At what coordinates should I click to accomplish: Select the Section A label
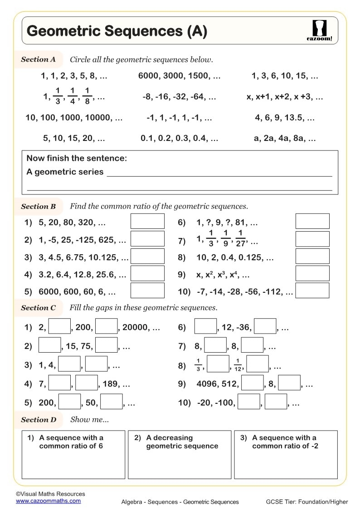[x=38, y=59]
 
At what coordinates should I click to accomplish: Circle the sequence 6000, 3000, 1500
[x=179, y=76]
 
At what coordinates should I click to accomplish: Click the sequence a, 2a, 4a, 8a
[x=285, y=139]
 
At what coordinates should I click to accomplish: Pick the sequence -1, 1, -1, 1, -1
[x=179, y=118]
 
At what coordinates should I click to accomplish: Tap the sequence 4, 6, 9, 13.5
[x=285, y=118]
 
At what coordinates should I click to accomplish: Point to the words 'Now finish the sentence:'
[x=77, y=158]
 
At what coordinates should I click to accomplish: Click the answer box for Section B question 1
[x=147, y=221]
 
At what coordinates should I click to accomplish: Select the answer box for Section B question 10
[x=312, y=291]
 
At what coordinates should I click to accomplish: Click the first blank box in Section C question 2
[x=49, y=346]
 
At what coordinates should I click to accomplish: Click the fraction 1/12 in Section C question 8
[x=238, y=364]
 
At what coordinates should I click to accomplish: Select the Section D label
[x=39, y=420]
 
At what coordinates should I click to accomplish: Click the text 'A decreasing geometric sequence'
[x=181, y=442]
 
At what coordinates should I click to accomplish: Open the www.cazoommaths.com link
[x=48, y=501]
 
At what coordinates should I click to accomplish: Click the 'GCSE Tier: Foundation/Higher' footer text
[x=307, y=502]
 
